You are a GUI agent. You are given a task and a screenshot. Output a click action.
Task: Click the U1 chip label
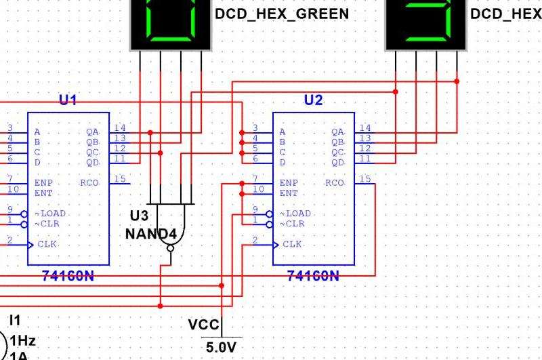(68, 100)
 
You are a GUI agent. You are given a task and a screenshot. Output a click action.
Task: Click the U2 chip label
(313, 100)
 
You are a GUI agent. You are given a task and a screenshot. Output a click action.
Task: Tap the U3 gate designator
(139, 216)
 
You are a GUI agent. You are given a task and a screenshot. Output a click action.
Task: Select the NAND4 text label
(151, 234)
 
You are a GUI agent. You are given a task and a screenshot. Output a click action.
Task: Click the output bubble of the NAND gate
(170, 248)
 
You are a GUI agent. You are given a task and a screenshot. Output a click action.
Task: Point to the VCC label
(204, 325)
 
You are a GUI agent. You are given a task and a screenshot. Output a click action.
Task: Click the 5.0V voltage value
(222, 347)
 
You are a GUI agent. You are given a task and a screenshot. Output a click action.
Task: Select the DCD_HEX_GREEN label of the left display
(282, 14)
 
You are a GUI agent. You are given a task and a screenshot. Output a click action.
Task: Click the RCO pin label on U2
(335, 182)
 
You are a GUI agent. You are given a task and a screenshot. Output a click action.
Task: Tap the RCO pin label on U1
(89, 182)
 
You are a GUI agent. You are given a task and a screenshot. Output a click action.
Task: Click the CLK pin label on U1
(47, 244)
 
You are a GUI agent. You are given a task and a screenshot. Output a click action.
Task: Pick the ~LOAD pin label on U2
(295, 214)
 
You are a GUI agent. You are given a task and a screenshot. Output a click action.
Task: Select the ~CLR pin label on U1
(47, 224)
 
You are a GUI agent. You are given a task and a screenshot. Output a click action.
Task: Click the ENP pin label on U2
(287, 182)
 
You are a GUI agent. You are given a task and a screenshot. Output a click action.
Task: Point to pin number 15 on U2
(365, 179)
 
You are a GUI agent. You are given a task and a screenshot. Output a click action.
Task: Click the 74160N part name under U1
(68, 276)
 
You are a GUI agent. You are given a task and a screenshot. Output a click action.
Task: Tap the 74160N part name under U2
(313, 276)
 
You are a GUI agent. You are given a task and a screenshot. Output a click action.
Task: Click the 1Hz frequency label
(23, 341)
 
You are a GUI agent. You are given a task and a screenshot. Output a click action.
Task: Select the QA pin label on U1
(93, 132)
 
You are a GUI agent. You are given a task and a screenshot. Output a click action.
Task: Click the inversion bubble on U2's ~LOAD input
(269, 214)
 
